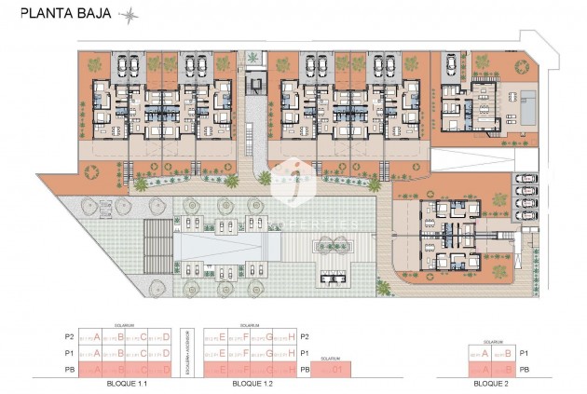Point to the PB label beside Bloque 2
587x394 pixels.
coord(526,370)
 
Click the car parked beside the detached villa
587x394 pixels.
coord(450,64)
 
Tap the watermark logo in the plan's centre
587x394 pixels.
coord(294,174)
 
